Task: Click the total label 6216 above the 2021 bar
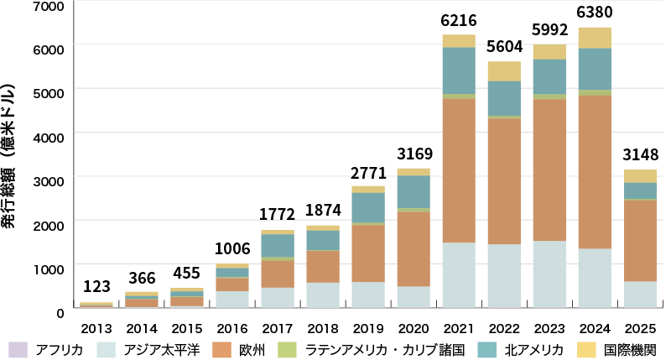(x=458, y=18)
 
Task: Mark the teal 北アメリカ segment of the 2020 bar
(x=413, y=191)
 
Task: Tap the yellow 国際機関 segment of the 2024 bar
(x=594, y=38)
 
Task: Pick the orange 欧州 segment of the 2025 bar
(x=639, y=240)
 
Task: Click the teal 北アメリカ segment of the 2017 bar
(x=277, y=245)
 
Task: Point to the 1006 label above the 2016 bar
(x=231, y=249)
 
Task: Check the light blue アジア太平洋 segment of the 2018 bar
(x=322, y=295)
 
